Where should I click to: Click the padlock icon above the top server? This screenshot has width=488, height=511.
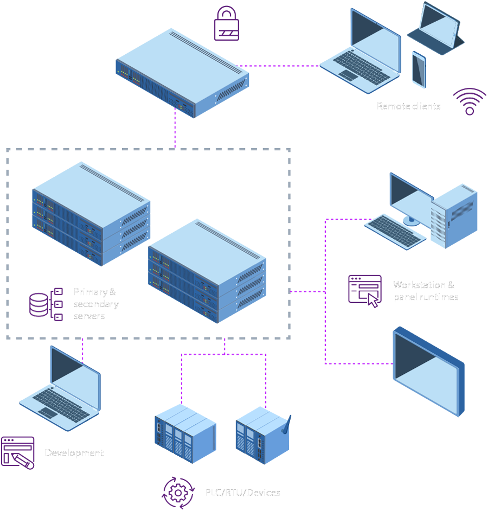click(x=227, y=24)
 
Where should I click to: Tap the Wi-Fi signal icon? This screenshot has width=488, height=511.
click(x=469, y=102)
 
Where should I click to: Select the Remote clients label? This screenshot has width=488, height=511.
click(x=409, y=106)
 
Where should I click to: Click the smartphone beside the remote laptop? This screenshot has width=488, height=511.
click(x=419, y=69)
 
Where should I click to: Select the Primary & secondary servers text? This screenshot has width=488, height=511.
click(x=96, y=304)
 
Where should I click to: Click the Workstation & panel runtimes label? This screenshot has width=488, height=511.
click(x=426, y=291)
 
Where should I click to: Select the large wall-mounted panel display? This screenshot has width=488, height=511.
click(x=428, y=372)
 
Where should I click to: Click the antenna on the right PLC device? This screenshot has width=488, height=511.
click(x=288, y=423)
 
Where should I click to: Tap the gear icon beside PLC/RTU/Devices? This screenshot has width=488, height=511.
click(x=178, y=491)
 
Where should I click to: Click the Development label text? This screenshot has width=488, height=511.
click(x=74, y=453)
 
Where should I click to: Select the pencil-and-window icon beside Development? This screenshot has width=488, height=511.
click(x=18, y=452)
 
